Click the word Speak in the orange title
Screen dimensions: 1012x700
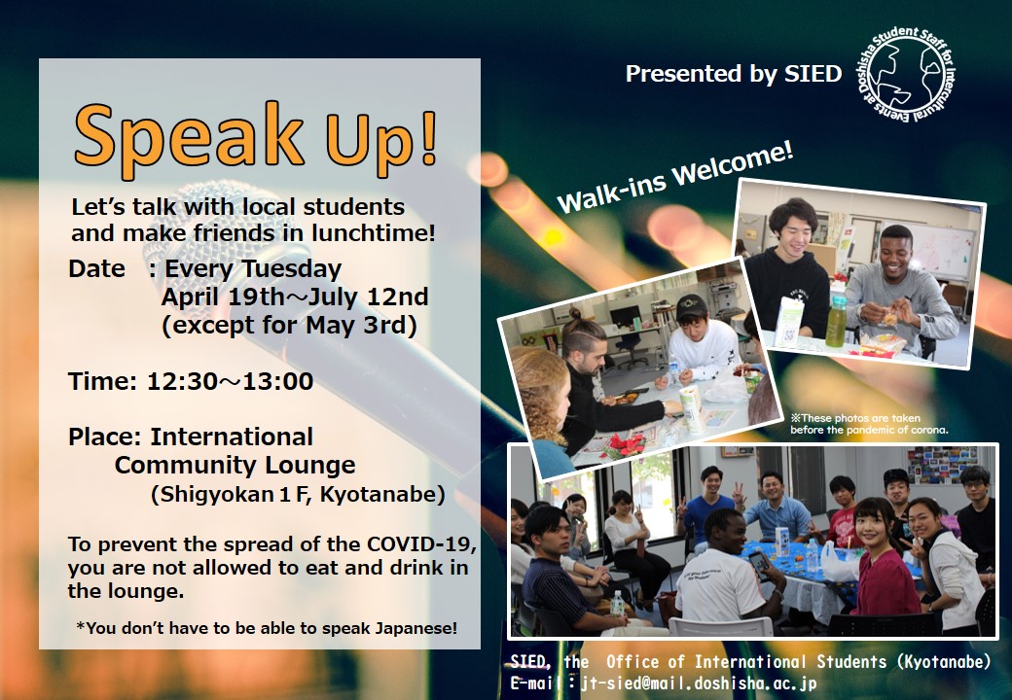189,137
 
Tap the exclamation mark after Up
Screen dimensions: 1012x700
427,137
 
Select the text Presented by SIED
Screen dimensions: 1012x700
733,74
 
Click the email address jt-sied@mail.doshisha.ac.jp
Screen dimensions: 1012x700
700,683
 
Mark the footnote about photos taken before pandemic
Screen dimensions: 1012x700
869,424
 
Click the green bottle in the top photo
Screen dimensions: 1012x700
836,322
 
